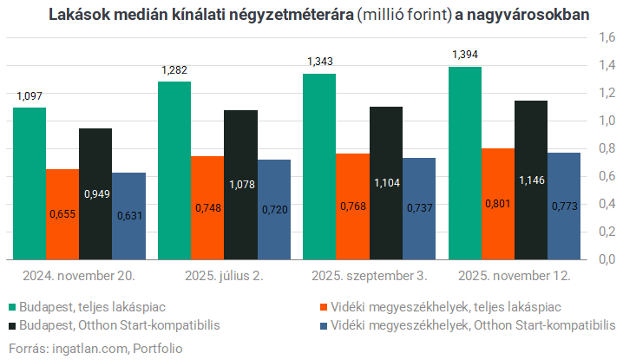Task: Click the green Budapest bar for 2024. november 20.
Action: [x=30, y=182]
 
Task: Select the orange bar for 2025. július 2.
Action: [x=207, y=208]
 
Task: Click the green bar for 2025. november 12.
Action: [x=464, y=165]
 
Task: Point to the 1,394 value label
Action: [x=464, y=56]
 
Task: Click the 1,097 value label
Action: [x=30, y=95]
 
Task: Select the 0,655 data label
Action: [x=62, y=213]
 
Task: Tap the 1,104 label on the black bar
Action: [x=385, y=183]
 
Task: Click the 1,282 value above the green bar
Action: [x=174, y=69]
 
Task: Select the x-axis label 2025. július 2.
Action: [x=224, y=276]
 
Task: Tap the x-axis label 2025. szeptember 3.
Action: [x=369, y=276]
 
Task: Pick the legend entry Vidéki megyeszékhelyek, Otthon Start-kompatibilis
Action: [x=469, y=325]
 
